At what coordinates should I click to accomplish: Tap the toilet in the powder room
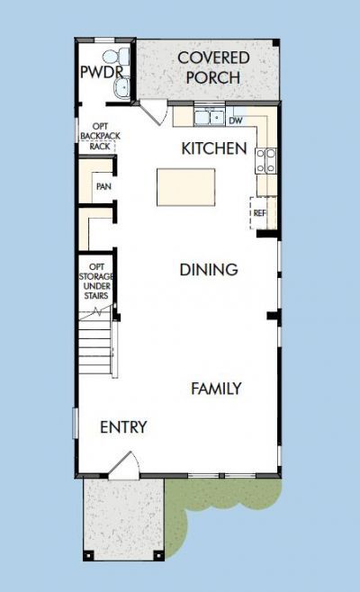click(124, 57)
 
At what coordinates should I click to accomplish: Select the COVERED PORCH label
click(213, 67)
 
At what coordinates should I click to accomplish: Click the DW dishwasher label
click(236, 119)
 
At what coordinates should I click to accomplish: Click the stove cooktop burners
click(266, 160)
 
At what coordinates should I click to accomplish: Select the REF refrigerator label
click(260, 213)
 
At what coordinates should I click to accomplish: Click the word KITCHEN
click(214, 148)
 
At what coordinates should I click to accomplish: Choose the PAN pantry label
click(103, 187)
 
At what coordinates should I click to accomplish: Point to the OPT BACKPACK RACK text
click(100, 137)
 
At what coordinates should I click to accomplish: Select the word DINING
click(208, 269)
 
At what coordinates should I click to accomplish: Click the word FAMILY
click(216, 389)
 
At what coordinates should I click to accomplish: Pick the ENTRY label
click(123, 427)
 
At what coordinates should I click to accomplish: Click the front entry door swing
click(124, 464)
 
